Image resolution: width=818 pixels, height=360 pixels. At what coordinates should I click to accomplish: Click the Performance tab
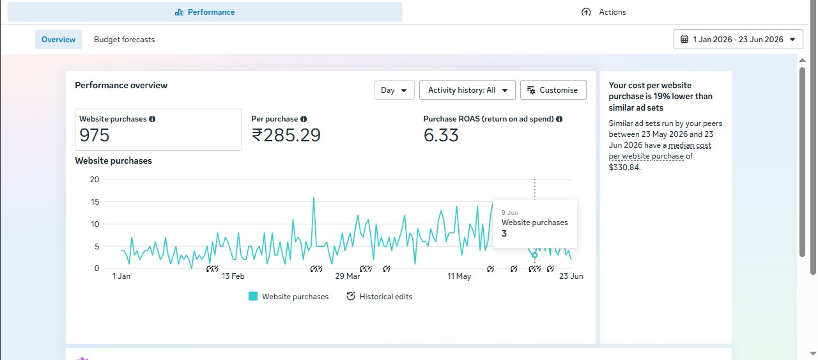tap(204, 12)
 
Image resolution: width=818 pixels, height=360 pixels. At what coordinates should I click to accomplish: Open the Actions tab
tap(603, 12)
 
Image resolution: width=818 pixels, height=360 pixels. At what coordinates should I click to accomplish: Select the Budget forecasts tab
tap(124, 40)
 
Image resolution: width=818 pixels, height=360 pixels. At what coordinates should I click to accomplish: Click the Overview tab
tap(58, 40)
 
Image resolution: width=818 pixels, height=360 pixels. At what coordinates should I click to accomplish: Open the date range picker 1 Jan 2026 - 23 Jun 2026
tap(738, 40)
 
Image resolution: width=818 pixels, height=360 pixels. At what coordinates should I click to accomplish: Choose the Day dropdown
tap(394, 90)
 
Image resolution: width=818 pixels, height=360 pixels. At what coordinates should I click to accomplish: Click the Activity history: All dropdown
tap(467, 90)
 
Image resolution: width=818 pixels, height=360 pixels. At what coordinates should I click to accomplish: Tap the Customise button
tap(553, 90)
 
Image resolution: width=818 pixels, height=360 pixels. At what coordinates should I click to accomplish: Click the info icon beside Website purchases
tap(152, 119)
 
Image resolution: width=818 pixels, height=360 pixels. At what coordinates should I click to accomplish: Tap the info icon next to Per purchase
tap(304, 119)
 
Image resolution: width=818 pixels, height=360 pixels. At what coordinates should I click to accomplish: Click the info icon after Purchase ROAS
tap(559, 119)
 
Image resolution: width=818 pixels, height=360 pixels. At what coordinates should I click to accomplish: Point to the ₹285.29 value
tap(286, 135)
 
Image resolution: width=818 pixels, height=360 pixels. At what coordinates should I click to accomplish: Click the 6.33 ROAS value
tap(441, 135)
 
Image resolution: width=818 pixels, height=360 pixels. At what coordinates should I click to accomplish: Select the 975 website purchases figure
tap(94, 135)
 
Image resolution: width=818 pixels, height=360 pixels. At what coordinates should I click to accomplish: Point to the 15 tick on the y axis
tap(95, 202)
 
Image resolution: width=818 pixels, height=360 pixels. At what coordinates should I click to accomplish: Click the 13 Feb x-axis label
tap(233, 276)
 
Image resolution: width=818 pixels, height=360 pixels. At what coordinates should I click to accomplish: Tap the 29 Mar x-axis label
tap(347, 276)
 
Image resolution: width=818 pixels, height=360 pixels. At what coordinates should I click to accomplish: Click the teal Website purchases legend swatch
tap(252, 296)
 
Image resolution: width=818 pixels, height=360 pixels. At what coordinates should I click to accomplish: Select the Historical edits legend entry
tap(380, 297)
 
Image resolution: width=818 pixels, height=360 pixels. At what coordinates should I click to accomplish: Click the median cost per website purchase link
tap(660, 150)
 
